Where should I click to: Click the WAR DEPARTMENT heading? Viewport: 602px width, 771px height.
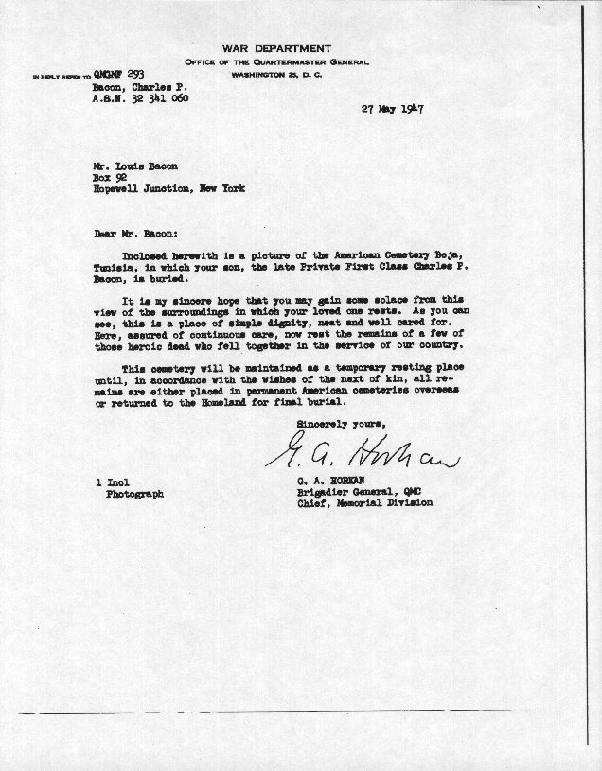click(277, 48)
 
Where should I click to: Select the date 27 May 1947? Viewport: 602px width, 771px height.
click(392, 109)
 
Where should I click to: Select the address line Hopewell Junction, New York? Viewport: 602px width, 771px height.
click(169, 188)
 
